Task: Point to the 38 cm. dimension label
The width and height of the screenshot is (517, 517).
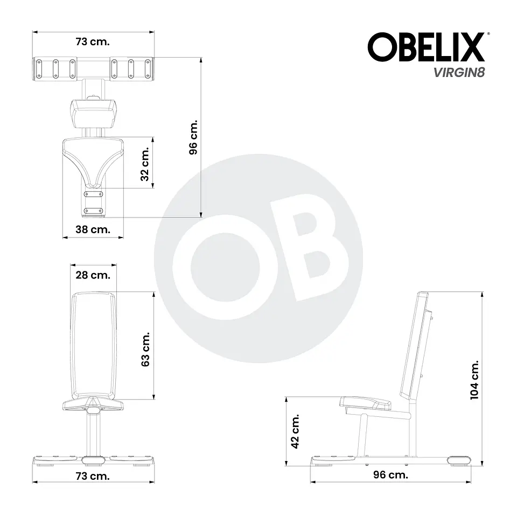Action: (93, 229)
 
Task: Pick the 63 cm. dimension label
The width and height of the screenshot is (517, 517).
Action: (145, 348)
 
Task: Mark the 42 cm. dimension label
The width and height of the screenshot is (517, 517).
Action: (295, 431)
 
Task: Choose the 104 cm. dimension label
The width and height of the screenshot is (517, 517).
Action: (474, 379)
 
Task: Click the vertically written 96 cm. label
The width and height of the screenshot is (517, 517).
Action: (193, 137)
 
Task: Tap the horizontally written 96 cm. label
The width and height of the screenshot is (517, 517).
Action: (390, 475)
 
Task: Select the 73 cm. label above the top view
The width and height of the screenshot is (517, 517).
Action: (93, 41)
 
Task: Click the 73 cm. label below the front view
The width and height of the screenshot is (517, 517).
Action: (93, 476)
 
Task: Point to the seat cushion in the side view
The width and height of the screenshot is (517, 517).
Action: (366, 402)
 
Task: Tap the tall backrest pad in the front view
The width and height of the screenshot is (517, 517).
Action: (93, 345)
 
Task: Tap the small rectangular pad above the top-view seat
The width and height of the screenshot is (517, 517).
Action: (92, 112)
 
